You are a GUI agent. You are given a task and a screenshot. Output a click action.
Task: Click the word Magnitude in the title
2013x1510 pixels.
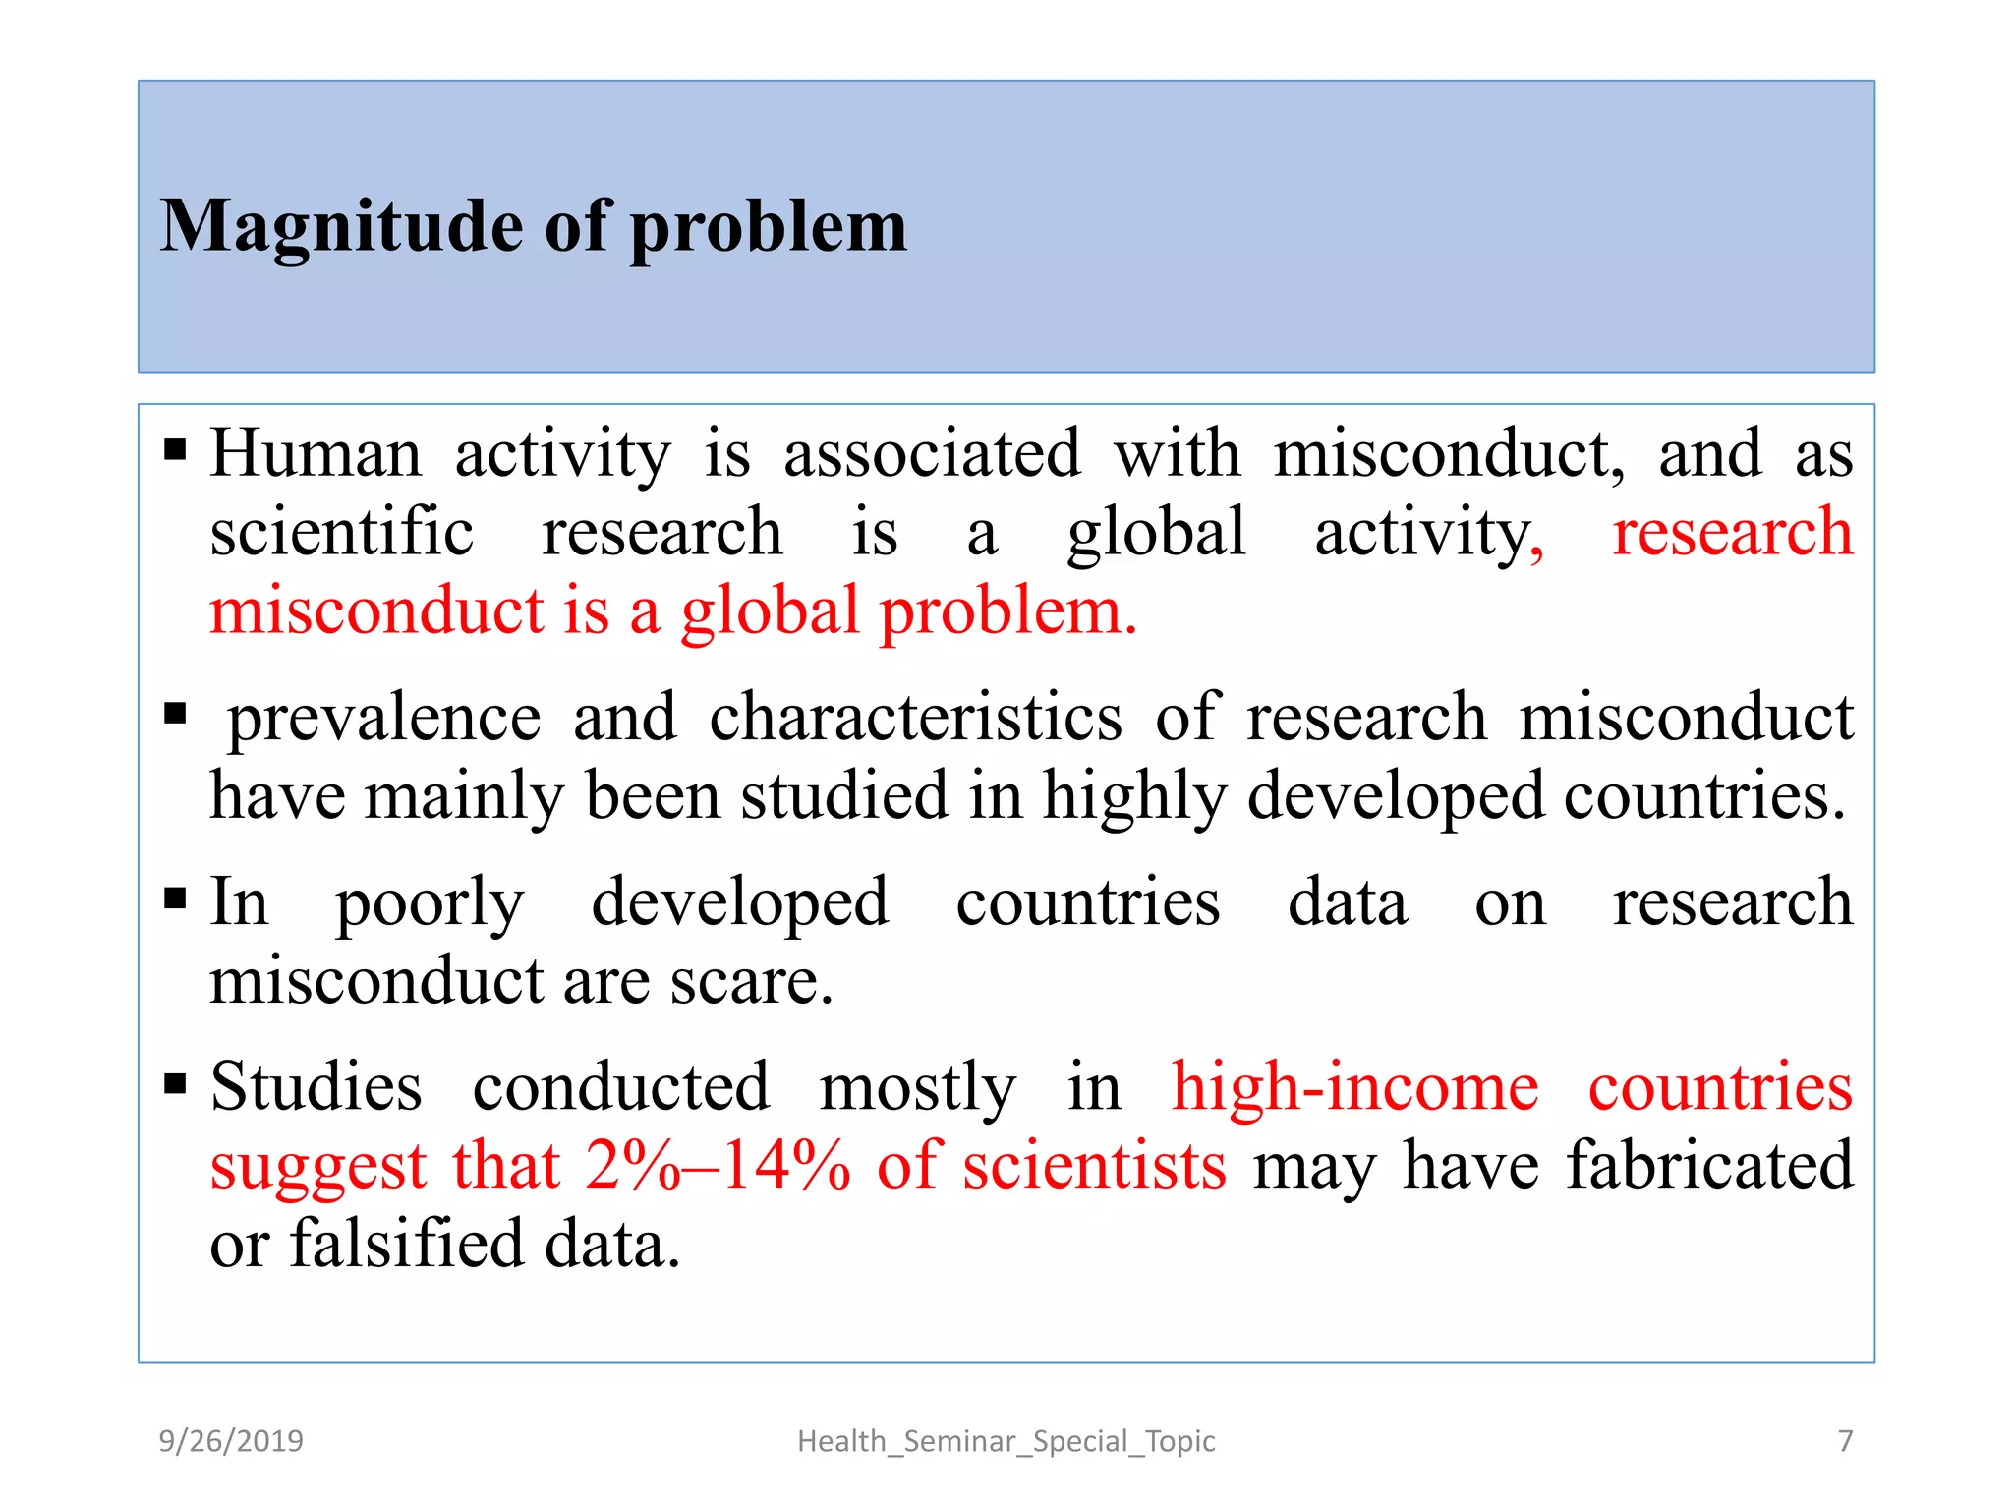click(341, 228)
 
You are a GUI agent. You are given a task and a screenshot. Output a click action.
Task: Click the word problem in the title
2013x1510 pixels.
click(768, 228)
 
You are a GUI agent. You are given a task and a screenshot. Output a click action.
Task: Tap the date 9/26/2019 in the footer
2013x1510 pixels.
click(231, 1441)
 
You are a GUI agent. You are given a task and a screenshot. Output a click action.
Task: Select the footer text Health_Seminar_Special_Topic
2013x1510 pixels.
click(1006, 1441)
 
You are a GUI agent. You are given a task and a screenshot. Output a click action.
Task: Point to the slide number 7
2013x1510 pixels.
click(1845, 1441)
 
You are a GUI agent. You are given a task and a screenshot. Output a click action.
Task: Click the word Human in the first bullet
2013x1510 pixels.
click(316, 454)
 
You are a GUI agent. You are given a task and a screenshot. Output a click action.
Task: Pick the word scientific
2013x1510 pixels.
click(342, 533)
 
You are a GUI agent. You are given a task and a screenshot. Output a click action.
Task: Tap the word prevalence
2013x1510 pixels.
click(384, 718)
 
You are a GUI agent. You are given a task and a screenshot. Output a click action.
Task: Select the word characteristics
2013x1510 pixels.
click(915, 718)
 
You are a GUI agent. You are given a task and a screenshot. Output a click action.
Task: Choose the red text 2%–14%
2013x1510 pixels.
click(718, 1166)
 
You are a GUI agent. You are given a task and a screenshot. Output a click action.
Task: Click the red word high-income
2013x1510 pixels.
click(1354, 1088)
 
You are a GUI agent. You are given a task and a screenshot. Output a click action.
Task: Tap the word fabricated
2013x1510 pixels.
click(1709, 1166)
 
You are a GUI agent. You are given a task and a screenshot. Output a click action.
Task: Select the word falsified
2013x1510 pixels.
click(406, 1244)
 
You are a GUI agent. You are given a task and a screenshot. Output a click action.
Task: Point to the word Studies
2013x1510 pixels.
click(316, 1088)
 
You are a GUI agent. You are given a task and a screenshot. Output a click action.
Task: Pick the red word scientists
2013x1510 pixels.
click(1094, 1166)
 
